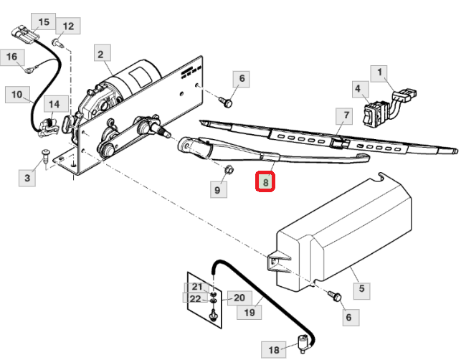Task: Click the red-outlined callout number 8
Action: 266,182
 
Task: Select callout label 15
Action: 44,22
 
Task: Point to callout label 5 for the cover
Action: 362,289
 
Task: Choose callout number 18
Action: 273,351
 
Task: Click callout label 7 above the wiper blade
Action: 345,115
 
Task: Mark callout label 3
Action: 27,177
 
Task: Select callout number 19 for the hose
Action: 249,313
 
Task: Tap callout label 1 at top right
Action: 380,72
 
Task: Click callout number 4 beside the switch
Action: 356,90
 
